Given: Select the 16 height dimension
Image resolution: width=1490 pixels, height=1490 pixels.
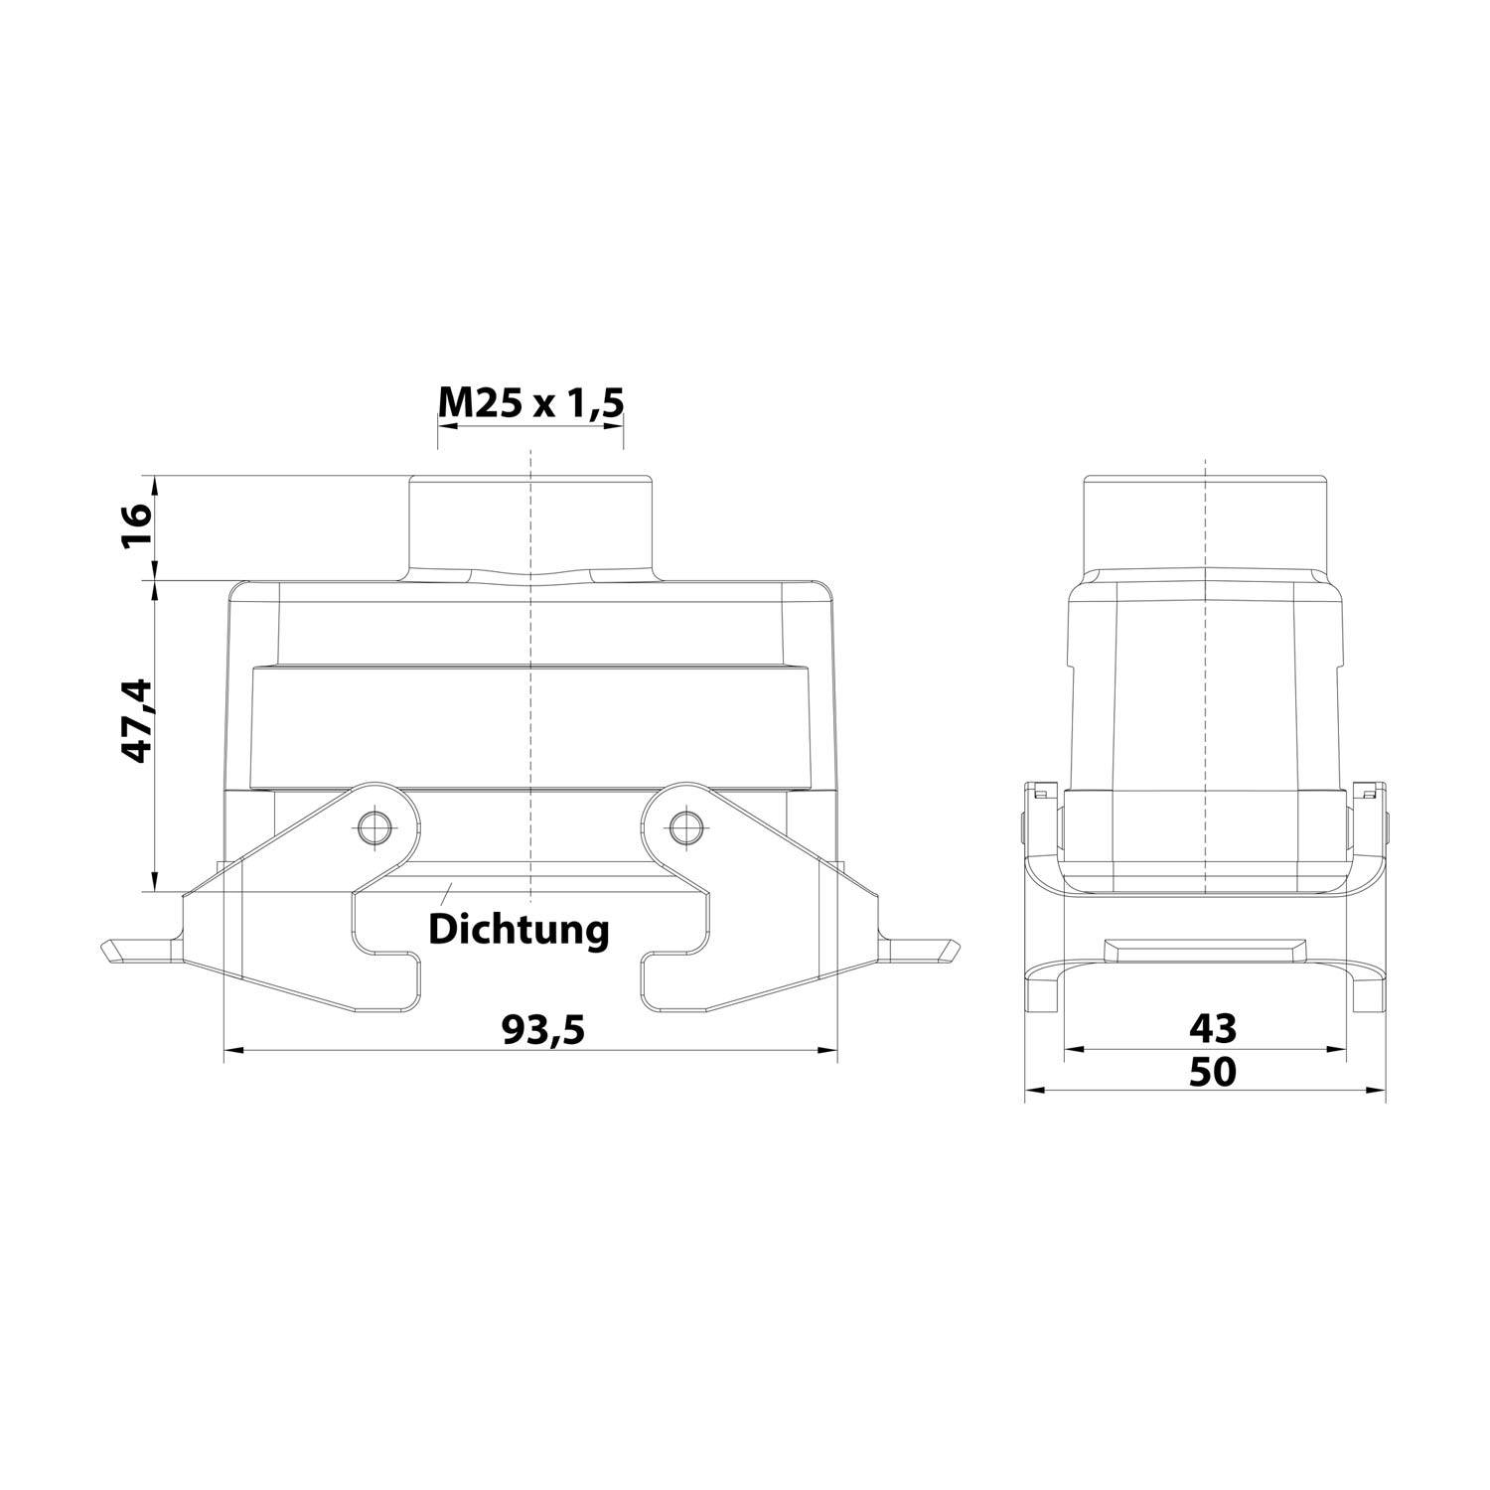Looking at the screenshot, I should (137, 527).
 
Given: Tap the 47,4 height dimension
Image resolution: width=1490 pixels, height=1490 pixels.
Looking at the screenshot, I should (135, 720).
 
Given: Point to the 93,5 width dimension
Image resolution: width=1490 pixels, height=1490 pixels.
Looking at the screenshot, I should (542, 1030).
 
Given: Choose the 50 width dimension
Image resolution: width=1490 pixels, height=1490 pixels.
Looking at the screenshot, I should (1212, 1072).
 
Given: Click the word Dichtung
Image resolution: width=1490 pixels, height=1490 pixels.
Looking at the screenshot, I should (518, 930).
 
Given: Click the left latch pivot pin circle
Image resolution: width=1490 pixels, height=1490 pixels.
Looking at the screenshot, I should (374, 826).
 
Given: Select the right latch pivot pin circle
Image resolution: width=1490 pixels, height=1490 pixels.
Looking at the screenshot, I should (683, 826).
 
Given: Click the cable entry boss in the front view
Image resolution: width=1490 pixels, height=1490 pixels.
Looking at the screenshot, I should (530, 524).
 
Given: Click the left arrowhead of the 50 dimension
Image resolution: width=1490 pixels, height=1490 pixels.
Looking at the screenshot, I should (1033, 1091).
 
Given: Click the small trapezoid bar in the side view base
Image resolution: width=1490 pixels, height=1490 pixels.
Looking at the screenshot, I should (1205, 950).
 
